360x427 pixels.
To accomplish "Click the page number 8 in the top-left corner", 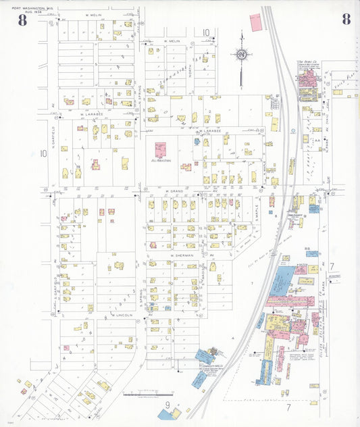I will click(x=23, y=20).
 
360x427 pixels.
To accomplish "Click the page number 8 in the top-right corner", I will click(x=346, y=19).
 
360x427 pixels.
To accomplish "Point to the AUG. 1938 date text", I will click(x=26, y=13).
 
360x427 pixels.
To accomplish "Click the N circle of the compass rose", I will click(x=241, y=54).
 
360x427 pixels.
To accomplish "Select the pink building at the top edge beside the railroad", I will click(x=256, y=23).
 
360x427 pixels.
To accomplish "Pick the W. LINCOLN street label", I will click(x=122, y=315).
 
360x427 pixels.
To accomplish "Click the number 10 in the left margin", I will click(x=43, y=153).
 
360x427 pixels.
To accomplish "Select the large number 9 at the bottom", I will click(x=165, y=405).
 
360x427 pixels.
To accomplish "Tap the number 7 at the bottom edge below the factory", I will click(x=288, y=407).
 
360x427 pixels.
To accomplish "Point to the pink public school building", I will click(x=161, y=149).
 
